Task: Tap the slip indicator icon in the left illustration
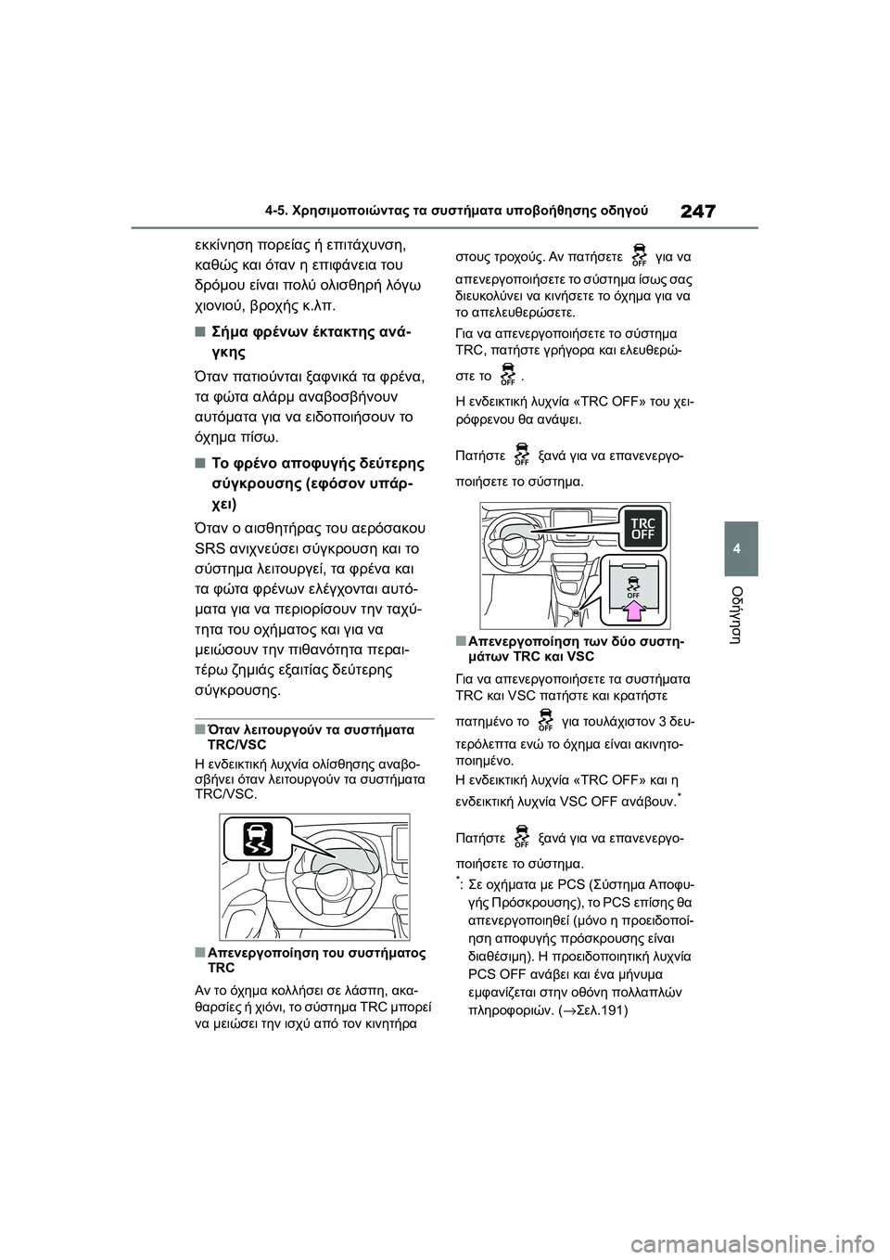point(256,839)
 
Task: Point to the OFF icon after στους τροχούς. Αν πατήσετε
point(639,253)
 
